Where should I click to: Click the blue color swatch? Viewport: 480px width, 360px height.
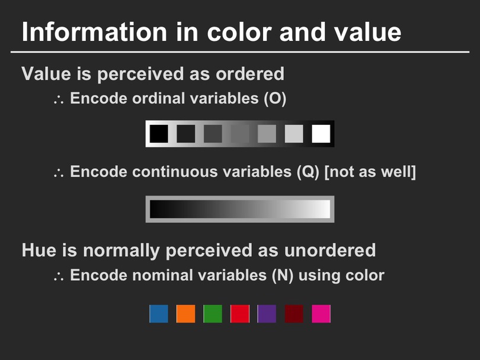[x=159, y=313]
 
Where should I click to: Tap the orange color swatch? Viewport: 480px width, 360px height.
[x=185, y=313]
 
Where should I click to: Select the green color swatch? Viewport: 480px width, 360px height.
[x=213, y=313]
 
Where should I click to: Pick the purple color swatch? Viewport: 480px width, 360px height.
[x=267, y=313]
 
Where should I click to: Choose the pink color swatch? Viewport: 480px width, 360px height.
[x=321, y=313]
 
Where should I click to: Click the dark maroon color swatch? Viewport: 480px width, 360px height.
[x=294, y=313]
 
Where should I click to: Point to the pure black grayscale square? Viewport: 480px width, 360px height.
[x=159, y=134]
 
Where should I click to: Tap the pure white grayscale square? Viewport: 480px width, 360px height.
[x=321, y=134]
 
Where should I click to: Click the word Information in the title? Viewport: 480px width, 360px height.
[x=94, y=32]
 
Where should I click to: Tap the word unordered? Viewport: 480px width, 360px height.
[x=329, y=250]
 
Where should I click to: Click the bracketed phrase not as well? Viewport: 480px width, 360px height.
[x=370, y=172]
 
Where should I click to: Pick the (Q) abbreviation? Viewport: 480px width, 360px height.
[x=308, y=172]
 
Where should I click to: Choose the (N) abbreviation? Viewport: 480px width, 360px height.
[x=283, y=275]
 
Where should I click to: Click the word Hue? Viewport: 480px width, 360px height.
[x=39, y=250]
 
